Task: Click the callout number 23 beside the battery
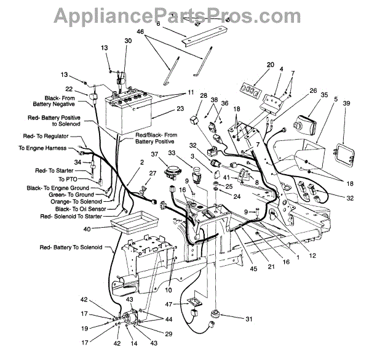pos(163,108)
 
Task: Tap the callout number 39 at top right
pos(346,103)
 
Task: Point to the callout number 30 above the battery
pos(128,41)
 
